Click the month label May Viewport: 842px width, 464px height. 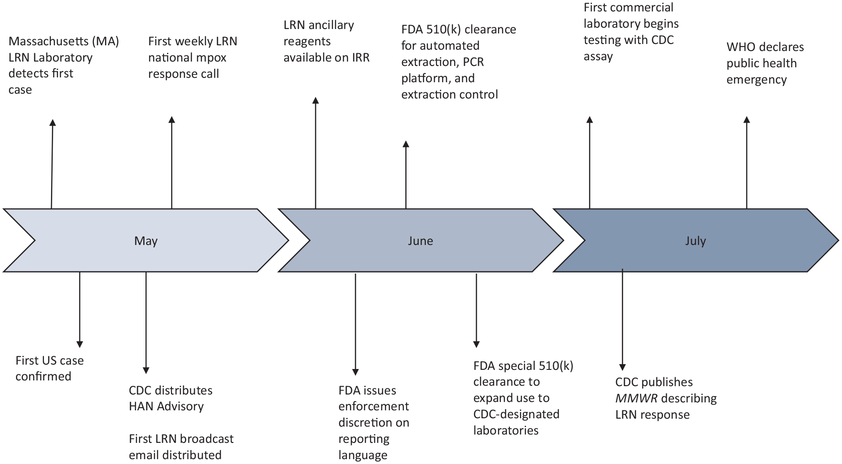point(146,241)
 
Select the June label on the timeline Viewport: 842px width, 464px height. point(420,241)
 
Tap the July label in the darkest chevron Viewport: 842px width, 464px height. point(695,241)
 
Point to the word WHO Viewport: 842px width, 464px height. point(741,47)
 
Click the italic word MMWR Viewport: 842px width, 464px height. point(636,398)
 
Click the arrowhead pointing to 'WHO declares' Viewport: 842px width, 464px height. point(746,120)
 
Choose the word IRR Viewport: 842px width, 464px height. point(360,58)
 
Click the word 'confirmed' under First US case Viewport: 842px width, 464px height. point(44,376)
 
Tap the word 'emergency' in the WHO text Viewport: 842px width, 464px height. point(757,80)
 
